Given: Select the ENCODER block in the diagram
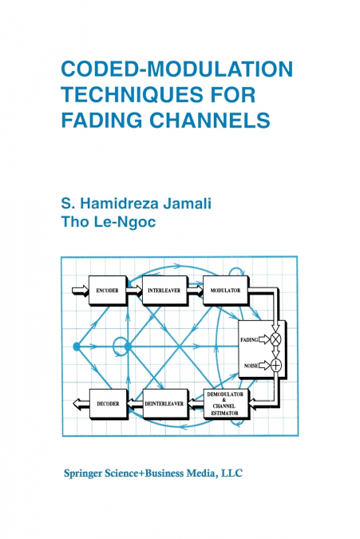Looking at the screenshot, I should coord(107,290).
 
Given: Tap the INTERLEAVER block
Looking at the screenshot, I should coord(167,290).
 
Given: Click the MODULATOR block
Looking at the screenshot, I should coord(226,290).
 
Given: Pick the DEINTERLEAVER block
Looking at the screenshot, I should coord(164,404).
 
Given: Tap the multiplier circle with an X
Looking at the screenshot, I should coord(276,339).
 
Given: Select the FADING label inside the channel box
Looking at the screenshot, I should coord(249,339).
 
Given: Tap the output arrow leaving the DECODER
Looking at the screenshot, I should coord(79,404).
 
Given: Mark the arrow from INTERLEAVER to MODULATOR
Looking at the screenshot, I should coord(196,290).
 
